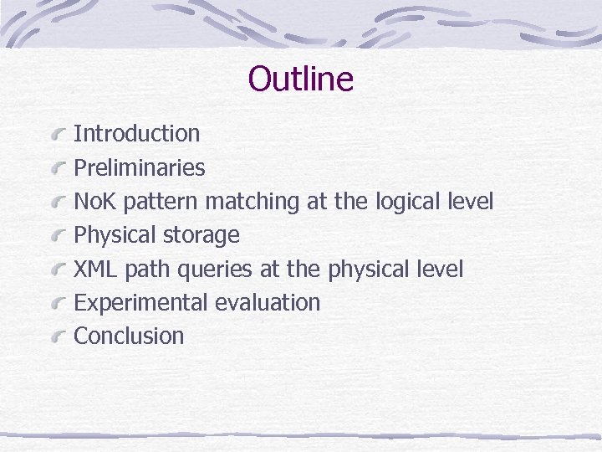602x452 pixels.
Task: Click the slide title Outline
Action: pos(301,80)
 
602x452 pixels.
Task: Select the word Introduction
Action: pos(137,134)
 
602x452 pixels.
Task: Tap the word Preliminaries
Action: pos(140,167)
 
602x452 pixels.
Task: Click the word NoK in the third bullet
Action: pos(94,202)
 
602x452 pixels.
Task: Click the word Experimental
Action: pos(141,302)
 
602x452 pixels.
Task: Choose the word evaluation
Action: pos(268,302)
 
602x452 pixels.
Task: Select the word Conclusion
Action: pos(129,336)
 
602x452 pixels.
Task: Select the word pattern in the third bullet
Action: pos(161,202)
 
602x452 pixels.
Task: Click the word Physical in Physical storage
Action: pos(115,235)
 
